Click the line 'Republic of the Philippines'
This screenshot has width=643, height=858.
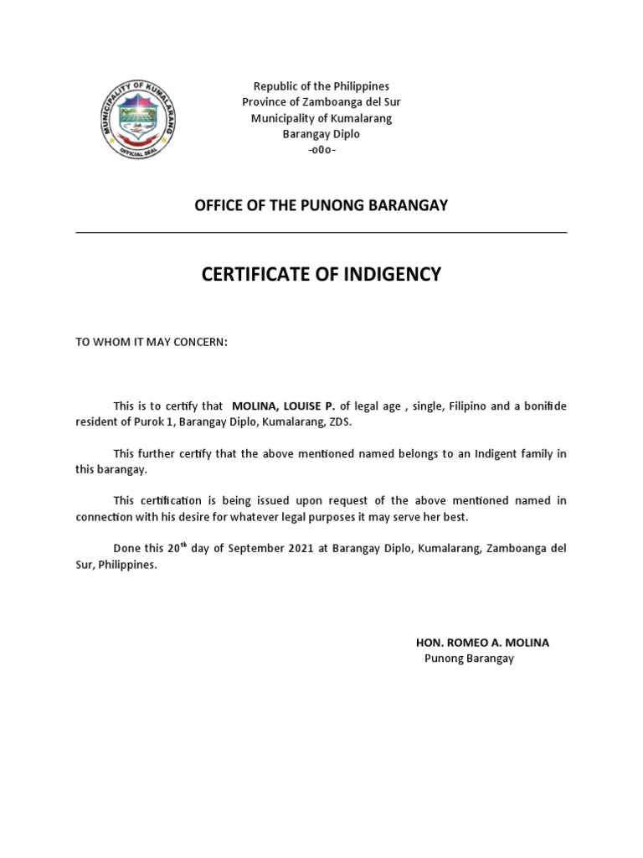[x=321, y=86]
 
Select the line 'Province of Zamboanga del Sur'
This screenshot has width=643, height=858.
[x=321, y=102]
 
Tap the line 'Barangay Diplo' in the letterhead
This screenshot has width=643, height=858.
[x=321, y=134]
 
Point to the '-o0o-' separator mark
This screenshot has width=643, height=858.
[x=321, y=150]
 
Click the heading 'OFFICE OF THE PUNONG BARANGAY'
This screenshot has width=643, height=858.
[x=321, y=206]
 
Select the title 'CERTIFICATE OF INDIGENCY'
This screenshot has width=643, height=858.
[x=321, y=274]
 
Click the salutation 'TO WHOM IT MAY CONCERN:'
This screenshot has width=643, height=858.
[x=152, y=343]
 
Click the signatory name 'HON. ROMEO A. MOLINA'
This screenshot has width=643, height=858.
[x=483, y=643]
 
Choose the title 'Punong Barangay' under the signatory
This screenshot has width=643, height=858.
[x=469, y=659]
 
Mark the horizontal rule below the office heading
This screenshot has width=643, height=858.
[x=321, y=232]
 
